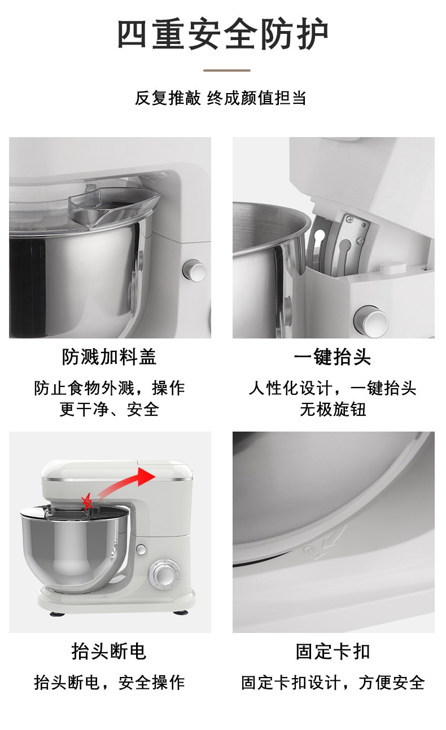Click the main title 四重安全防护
[x=222, y=34]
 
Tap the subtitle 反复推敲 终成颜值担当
[x=221, y=98]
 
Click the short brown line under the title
[x=227, y=70]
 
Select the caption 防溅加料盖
[x=109, y=357]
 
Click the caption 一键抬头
[x=333, y=357]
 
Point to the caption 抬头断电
[x=109, y=651]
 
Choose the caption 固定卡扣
[x=333, y=651]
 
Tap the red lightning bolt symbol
[x=87, y=502]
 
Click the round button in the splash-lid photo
[x=195, y=270]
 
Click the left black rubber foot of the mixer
[x=58, y=614]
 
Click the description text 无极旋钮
[x=333, y=410]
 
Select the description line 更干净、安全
[x=109, y=410]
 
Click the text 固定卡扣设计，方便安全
[x=333, y=683]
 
